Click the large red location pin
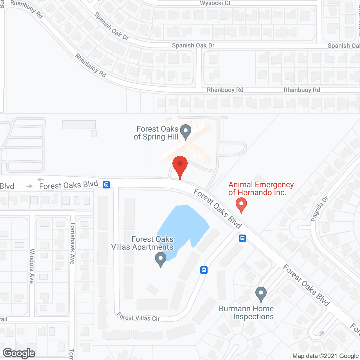click(180, 165)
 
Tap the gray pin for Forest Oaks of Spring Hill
click(186, 131)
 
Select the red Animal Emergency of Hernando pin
click(241, 204)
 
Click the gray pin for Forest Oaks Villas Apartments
click(161, 259)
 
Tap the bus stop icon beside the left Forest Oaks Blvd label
click(106, 184)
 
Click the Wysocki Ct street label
click(215, 3)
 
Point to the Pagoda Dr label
click(319, 209)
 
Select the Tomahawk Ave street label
click(73, 243)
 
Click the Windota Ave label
click(32, 266)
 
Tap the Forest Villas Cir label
click(138, 317)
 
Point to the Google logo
click(19, 353)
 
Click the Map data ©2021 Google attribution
click(326, 356)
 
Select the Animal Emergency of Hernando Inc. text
click(261, 188)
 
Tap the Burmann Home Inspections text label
click(246, 312)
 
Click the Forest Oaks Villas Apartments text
click(142, 243)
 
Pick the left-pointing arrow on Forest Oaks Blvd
click(41, 180)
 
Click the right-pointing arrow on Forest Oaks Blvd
click(29, 186)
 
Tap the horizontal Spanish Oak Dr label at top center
click(193, 45)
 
